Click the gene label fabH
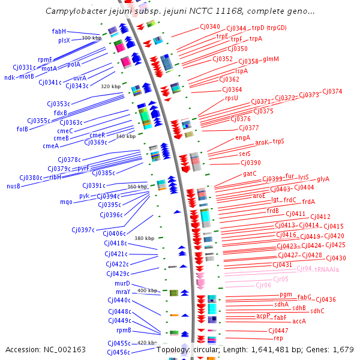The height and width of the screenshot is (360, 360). [x=59, y=31]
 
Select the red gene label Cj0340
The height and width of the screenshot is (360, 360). [x=210, y=26]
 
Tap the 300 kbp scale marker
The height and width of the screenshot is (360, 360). [x=91, y=38]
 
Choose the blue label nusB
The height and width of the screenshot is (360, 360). [x=13, y=186]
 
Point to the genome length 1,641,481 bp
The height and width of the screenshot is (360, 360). [x=272, y=349]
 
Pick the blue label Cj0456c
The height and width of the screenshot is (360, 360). [x=119, y=352]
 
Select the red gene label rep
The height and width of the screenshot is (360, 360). [x=278, y=338]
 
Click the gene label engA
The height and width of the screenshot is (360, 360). [x=242, y=137]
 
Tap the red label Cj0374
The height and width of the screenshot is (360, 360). [x=332, y=91]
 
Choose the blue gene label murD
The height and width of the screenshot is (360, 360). [x=122, y=283]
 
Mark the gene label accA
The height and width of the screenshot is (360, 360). [x=299, y=321]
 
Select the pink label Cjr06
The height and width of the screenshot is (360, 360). [x=263, y=285]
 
